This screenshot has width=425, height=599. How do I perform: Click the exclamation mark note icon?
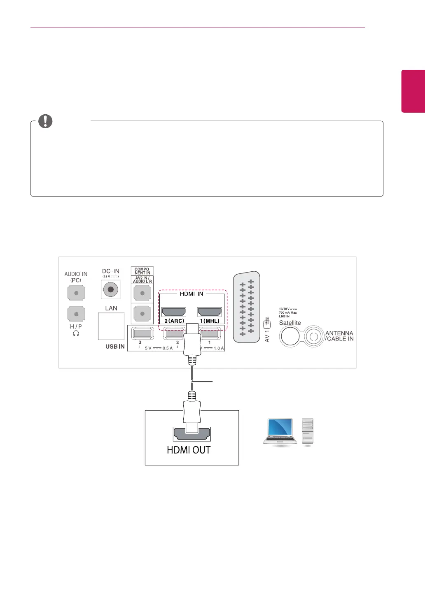pos(45,121)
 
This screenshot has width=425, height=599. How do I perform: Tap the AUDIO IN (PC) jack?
pos(76,294)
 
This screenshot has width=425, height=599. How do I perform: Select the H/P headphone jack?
pos(76,314)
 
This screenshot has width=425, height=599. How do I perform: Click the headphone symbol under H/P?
pos(76,333)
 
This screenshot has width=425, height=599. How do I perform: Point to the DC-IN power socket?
pos(110,289)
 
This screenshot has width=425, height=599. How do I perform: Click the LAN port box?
pos(111,326)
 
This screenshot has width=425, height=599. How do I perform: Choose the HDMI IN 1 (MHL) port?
pos(210,312)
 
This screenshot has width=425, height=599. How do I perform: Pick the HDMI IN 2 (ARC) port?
pos(174,312)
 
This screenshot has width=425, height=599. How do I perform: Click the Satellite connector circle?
pos(290,337)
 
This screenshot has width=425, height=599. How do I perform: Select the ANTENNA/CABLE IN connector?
pos(314,337)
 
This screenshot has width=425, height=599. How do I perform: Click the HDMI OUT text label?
pos(189,450)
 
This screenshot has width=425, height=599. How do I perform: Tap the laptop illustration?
pos(280,431)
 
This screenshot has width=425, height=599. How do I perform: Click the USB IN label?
pos(115,347)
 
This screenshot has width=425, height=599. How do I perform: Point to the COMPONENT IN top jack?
pos(142,294)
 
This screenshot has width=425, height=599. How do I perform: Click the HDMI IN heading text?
pos(191,294)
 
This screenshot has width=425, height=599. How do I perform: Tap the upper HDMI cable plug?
pos(192,342)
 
